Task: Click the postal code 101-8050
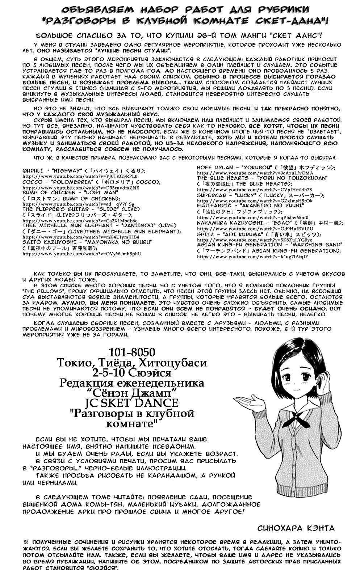pyautogui.click(x=131, y=352)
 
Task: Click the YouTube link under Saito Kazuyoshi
pyautogui.click(x=82, y=254)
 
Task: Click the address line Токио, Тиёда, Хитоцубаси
pyautogui.click(x=132, y=363)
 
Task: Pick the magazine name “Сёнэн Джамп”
pyautogui.click(x=131, y=393)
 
